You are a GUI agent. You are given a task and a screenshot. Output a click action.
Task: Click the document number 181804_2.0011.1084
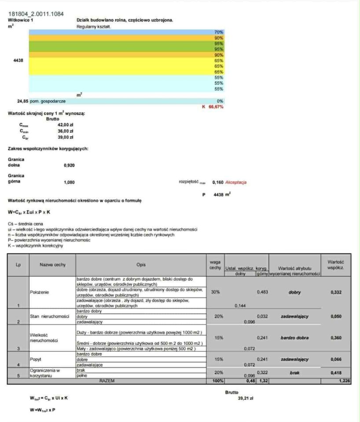(36, 15)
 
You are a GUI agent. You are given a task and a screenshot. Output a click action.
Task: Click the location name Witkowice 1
(20, 20)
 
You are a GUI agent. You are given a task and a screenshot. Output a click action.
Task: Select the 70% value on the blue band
(219, 33)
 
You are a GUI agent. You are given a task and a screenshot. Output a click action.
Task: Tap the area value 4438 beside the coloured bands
(18, 60)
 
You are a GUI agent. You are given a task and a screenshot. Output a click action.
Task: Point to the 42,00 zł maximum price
(65, 125)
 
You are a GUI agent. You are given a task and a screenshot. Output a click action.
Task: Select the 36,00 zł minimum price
(65, 131)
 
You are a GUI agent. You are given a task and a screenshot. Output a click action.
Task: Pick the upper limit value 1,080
(70, 181)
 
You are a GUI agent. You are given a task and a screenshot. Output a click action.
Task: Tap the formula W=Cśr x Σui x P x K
(29, 212)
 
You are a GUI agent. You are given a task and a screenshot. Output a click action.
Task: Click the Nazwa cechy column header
(52, 265)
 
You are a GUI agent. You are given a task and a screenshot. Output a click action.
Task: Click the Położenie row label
(39, 292)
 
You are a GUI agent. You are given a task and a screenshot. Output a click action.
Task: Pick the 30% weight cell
(215, 292)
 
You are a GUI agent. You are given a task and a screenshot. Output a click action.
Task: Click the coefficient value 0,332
(336, 292)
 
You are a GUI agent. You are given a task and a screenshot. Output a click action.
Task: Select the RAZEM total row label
(107, 381)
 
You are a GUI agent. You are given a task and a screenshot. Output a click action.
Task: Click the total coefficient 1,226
(345, 381)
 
